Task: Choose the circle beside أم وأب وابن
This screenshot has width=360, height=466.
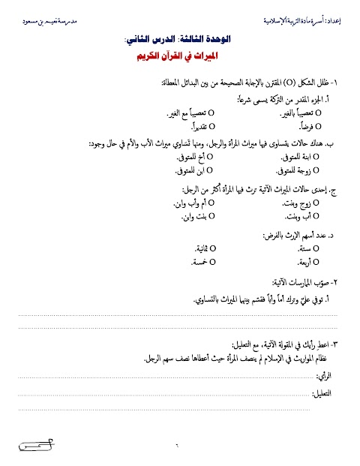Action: (x=211, y=203)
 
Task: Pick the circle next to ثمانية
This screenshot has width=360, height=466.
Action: (x=211, y=248)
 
